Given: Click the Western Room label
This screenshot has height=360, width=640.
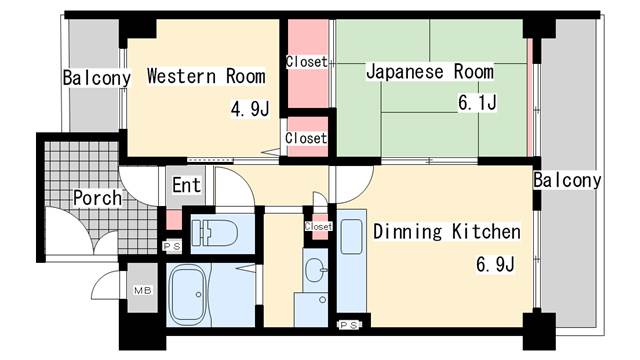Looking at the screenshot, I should pyautogui.click(x=205, y=76).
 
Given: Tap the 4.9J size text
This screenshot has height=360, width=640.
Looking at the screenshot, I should pyautogui.click(x=250, y=109).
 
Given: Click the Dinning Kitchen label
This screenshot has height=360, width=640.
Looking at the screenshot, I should pyautogui.click(x=446, y=232).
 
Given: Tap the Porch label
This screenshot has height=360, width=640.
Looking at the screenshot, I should pyautogui.click(x=97, y=197).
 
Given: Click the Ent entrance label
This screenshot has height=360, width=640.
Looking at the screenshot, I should pyautogui.click(x=187, y=185).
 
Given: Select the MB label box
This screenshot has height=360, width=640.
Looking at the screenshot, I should pyautogui.click(x=142, y=291).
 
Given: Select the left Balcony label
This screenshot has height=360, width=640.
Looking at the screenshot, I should pyautogui.click(x=96, y=77).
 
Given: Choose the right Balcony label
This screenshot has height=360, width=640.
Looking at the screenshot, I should pyautogui.click(x=567, y=181).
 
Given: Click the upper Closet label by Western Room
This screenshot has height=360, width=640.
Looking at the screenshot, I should pyautogui.click(x=306, y=62).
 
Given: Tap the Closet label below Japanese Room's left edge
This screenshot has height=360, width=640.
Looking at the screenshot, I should pyautogui.click(x=306, y=138).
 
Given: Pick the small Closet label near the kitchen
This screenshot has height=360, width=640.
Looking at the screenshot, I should pyautogui.click(x=318, y=226).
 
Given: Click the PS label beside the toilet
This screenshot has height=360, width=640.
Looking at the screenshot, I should pyautogui.click(x=171, y=245).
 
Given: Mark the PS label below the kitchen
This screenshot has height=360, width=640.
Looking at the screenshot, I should pyautogui.click(x=348, y=325).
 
